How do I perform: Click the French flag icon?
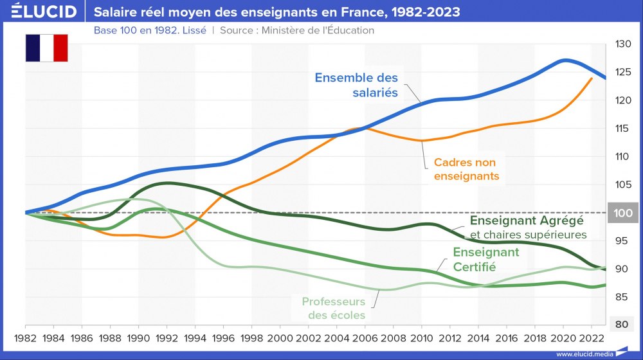pos(47,48)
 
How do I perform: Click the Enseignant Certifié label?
pos(485,259)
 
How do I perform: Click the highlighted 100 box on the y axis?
pos(623,213)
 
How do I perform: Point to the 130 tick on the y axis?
pos(623,44)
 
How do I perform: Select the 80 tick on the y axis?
pos(620,325)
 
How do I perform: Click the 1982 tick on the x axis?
pos(25,337)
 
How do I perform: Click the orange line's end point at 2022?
pos(592,78)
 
